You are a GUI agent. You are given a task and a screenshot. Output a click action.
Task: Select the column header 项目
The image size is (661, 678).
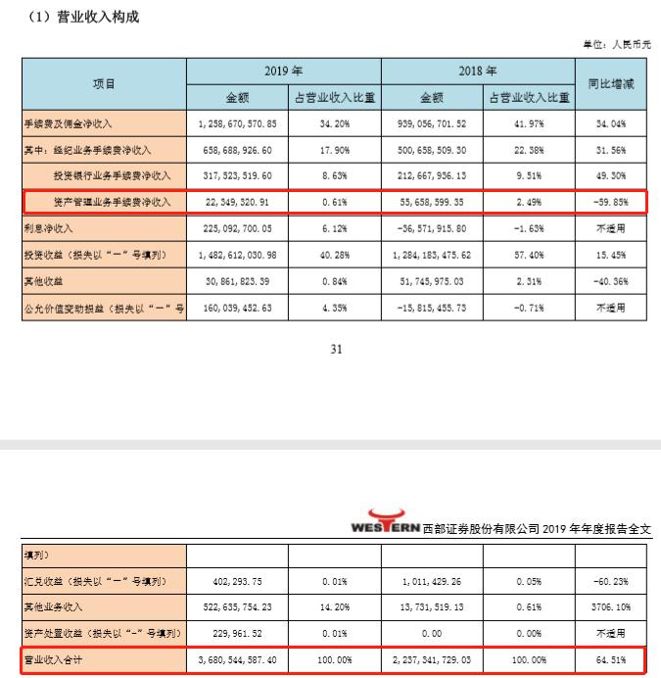pos(103,84)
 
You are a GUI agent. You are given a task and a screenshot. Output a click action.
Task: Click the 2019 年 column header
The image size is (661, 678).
pos(283,72)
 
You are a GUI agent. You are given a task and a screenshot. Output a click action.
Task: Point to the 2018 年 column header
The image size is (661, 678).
pos(477,72)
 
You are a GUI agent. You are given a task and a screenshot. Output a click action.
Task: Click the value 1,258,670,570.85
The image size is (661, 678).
pos(238,124)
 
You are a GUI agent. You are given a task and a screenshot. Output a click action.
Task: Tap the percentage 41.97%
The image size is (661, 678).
pos(526,124)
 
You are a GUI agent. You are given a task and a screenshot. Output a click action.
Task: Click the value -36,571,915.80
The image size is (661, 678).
pos(432,226)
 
